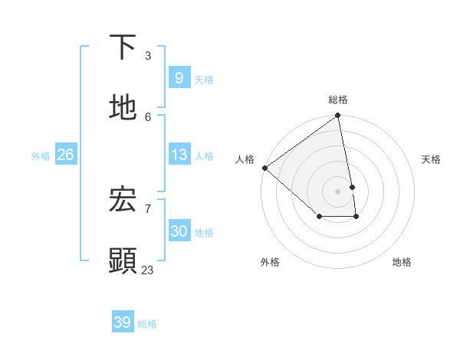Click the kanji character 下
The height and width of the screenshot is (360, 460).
123,47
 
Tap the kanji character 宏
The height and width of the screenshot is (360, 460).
123,200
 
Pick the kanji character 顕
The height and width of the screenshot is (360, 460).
123,260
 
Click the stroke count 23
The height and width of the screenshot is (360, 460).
147,270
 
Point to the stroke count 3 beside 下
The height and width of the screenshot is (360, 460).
148,56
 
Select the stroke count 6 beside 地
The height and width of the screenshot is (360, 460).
148,116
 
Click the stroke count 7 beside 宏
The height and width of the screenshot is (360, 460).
148,208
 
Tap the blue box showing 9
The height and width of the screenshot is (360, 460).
179,78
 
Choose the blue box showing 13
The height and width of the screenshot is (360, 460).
179,155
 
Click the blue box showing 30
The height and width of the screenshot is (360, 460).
179,231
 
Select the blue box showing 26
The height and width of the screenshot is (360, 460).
65,155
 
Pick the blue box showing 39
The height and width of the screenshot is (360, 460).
122,322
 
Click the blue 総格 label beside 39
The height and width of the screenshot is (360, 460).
147,324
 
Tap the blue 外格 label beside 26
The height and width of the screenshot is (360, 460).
41,156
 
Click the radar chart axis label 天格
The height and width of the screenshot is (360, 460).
431,159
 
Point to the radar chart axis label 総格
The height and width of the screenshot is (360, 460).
338,100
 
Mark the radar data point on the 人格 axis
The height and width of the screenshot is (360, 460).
264,168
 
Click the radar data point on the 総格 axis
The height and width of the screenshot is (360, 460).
338,116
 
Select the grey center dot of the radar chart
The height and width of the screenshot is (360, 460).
337,191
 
